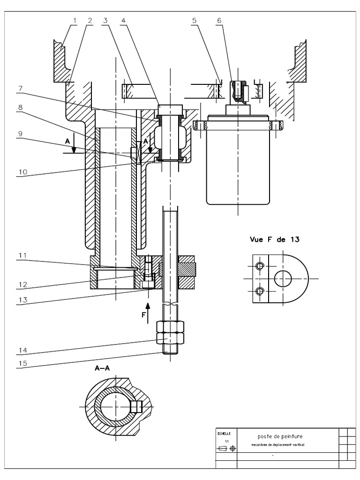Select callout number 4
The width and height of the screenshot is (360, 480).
point(123,20)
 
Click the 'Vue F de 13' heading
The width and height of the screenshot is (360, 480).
point(275,239)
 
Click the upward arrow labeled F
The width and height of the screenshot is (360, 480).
point(148,312)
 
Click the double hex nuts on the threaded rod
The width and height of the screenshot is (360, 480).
point(170,332)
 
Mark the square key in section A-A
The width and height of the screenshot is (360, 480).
point(136,406)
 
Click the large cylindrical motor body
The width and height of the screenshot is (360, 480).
point(238,164)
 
